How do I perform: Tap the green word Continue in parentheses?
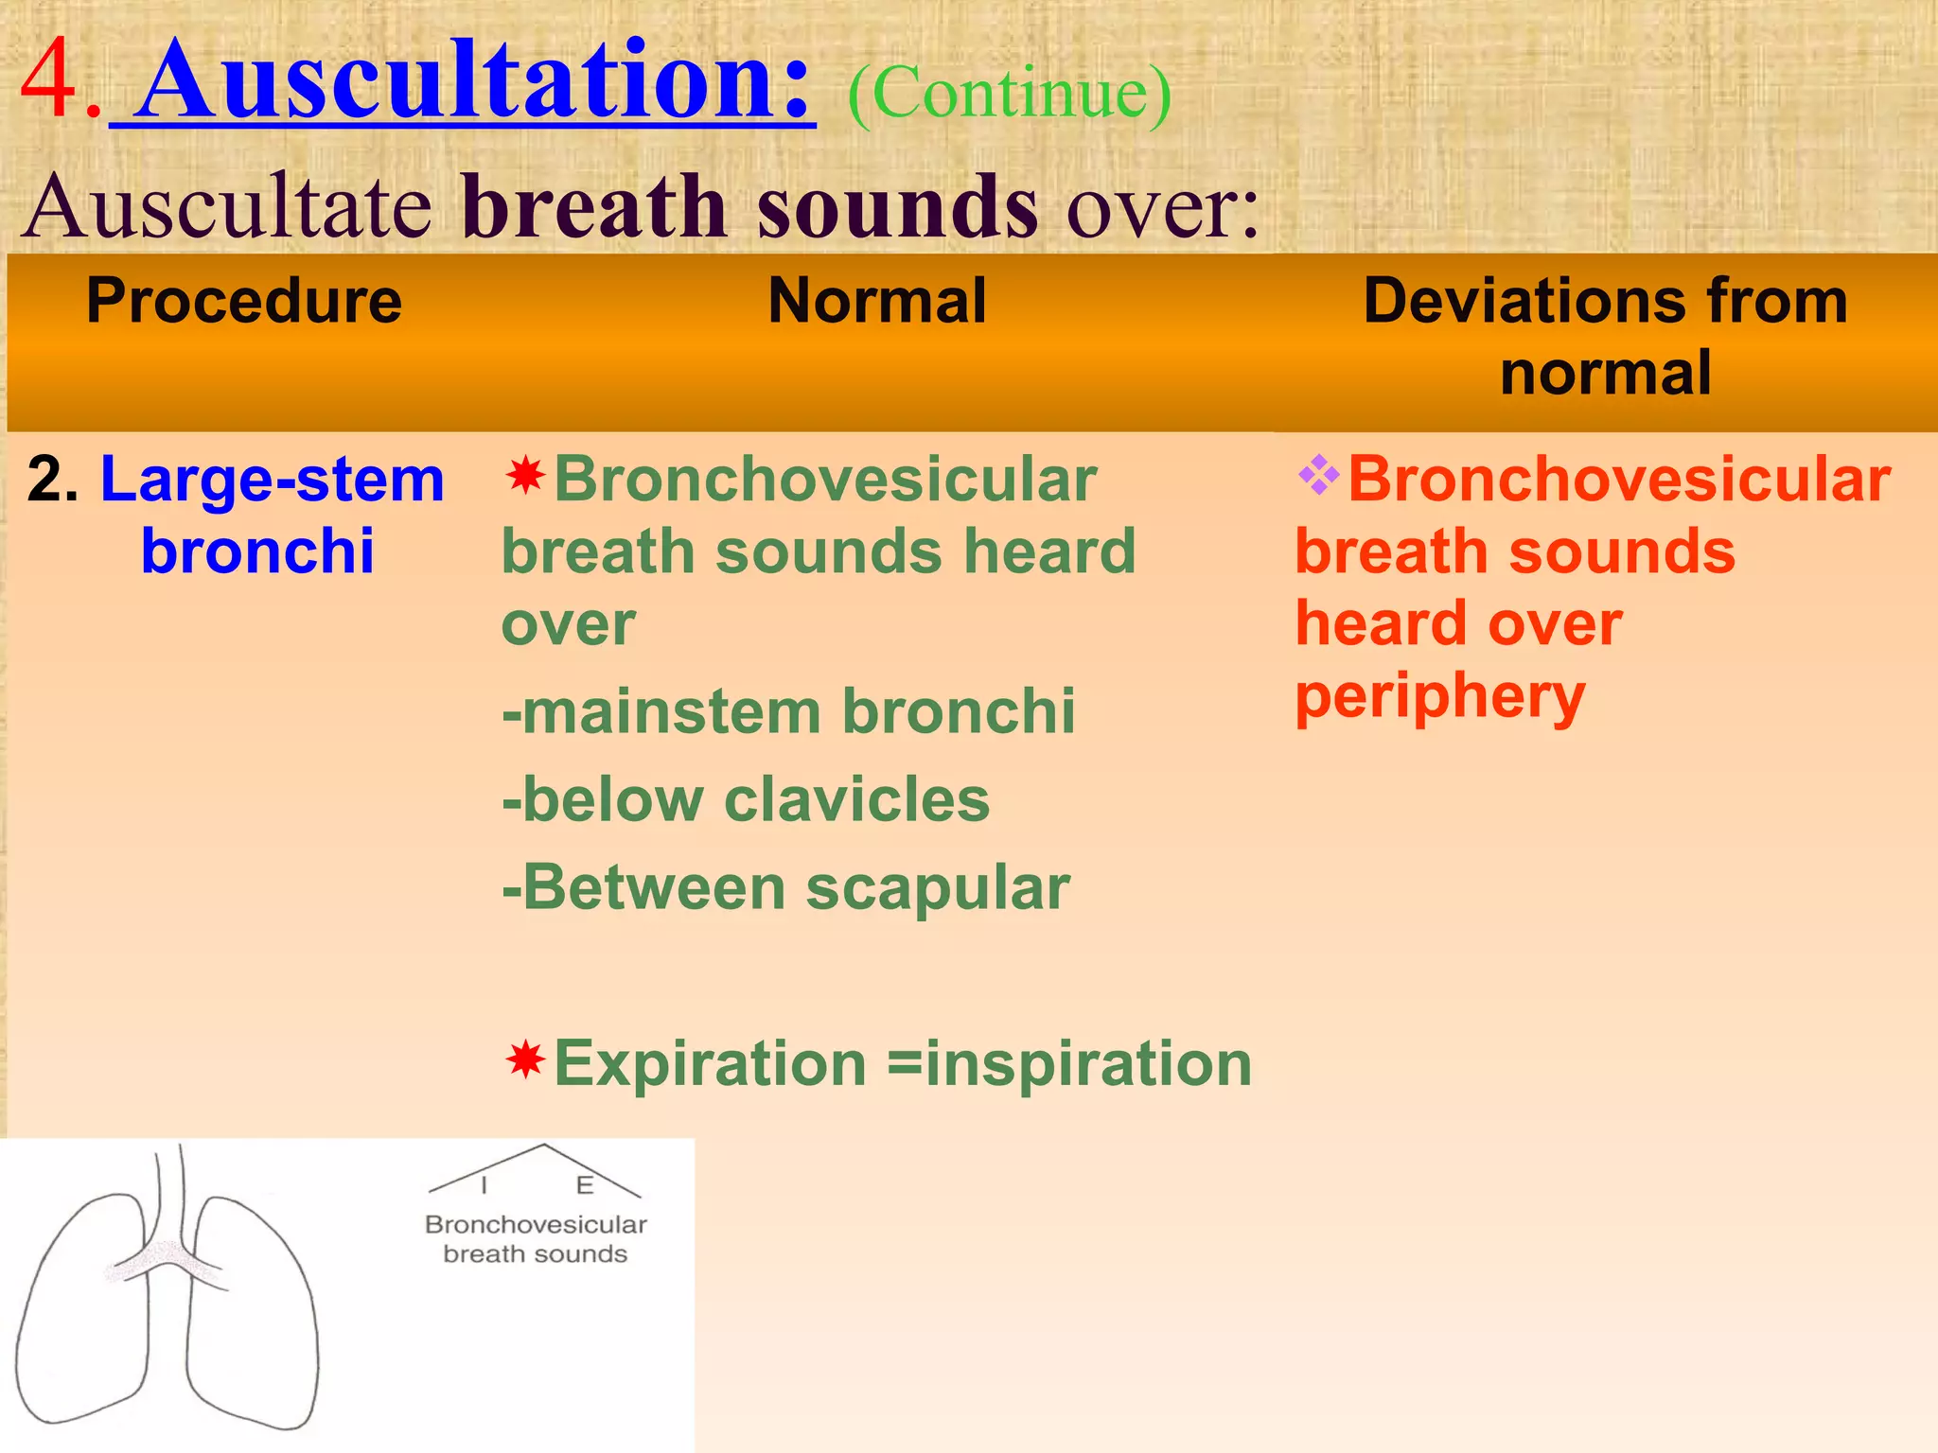(x=1009, y=95)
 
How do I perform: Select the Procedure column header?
(x=244, y=301)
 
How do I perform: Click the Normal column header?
(x=877, y=301)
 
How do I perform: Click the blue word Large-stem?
(x=273, y=479)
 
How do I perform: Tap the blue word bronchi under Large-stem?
(x=257, y=551)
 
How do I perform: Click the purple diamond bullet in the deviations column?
(x=1318, y=475)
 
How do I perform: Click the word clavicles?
(x=856, y=799)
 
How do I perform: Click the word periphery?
(x=1439, y=698)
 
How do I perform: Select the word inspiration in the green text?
(x=1088, y=1063)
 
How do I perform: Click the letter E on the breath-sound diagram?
(x=585, y=1185)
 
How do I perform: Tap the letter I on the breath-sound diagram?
(x=484, y=1185)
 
